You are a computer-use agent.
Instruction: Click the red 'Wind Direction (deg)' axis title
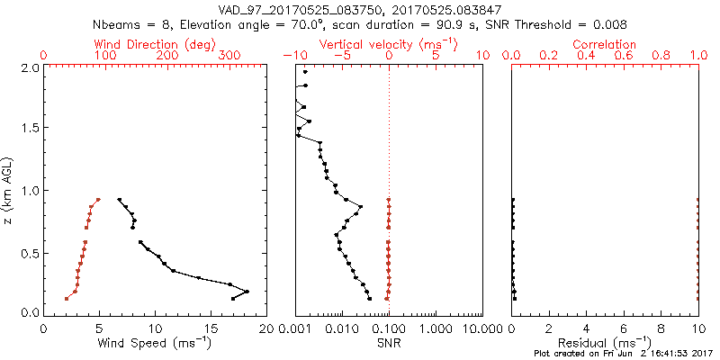tap(154, 44)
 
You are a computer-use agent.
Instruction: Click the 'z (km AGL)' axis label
tap(10, 189)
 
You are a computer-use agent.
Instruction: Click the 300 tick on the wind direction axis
tap(229, 56)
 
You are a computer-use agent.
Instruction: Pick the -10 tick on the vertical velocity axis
tap(291, 56)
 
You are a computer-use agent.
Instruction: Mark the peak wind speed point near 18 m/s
tap(247, 291)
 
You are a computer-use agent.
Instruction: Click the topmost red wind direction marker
tap(98, 200)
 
